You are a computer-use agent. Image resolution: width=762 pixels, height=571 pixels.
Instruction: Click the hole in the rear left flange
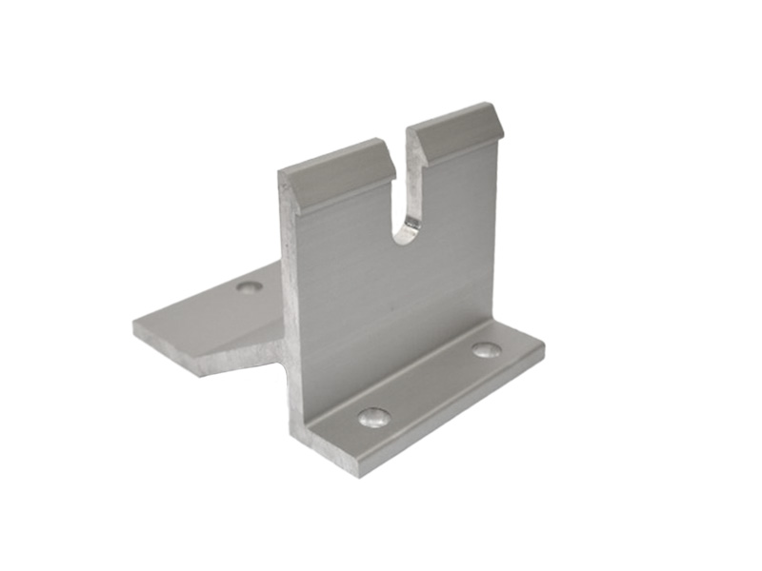tap(250, 286)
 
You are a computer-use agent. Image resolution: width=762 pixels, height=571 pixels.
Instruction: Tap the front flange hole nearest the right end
tap(486, 350)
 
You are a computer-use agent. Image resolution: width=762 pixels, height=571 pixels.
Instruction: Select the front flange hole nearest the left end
tap(373, 417)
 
